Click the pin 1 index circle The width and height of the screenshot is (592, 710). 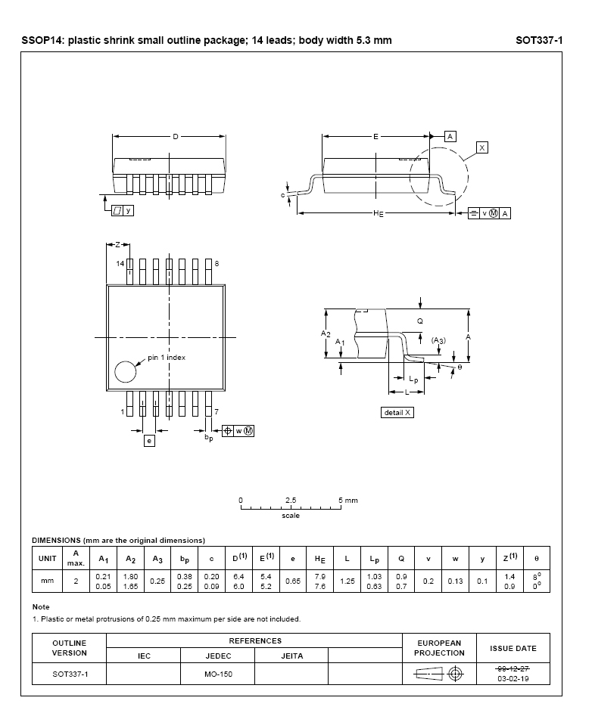(115, 372)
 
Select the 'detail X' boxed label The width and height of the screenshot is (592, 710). (397, 413)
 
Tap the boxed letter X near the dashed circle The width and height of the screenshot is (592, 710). (481, 147)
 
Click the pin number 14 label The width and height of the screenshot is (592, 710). (120, 264)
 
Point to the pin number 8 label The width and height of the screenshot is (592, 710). (217, 264)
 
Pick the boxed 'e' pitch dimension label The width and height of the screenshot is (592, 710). (149, 441)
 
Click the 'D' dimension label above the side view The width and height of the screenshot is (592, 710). (176, 137)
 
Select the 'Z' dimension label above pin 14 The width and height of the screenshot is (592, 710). (118, 244)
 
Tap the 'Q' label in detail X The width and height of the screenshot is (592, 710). (420, 321)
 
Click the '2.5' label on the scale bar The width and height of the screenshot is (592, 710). (291, 501)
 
